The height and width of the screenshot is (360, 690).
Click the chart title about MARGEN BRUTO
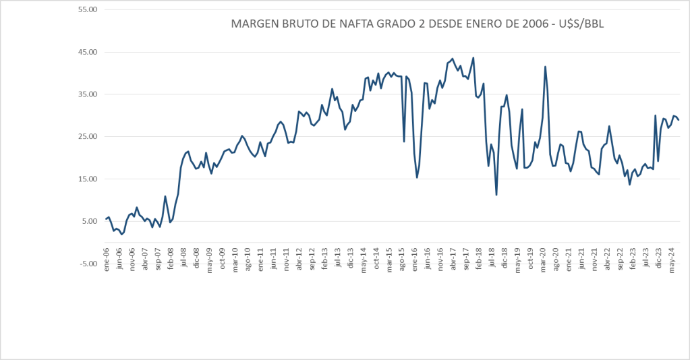pos(417,25)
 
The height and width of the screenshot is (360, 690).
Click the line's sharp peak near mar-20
pos(545,67)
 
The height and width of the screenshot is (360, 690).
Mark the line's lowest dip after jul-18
pos(496,195)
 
